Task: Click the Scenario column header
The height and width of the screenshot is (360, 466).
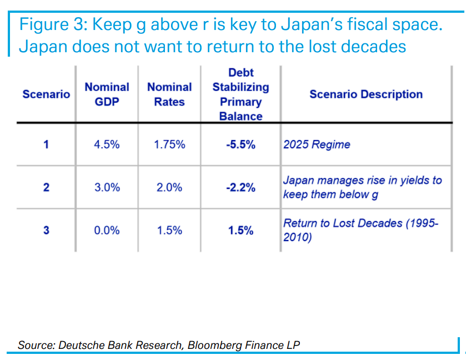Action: click(46, 94)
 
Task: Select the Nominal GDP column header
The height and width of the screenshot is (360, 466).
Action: click(107, 94)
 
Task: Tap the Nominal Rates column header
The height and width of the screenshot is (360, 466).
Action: click(169, 94)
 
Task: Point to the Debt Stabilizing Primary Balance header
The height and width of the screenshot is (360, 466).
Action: click(240, 94)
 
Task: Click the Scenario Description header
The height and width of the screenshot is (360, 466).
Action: click(366, 94)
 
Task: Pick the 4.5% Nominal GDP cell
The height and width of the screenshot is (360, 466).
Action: click(107, 144)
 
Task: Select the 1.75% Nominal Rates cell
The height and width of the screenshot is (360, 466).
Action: click(169, 144)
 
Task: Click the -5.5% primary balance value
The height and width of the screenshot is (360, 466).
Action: click(240, 144)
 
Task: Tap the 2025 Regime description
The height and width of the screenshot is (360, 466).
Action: click(317, 145)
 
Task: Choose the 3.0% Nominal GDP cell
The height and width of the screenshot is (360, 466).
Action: click(107, 187)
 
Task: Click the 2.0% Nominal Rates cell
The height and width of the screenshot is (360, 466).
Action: click(169, 187)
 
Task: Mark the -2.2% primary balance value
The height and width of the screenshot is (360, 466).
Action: click(240, 187)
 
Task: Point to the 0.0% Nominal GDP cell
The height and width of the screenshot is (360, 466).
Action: click(107, 230)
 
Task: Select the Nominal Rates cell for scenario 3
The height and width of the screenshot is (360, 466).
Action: click(169, 230)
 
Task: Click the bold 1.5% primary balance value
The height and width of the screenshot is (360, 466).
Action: click(240, 230)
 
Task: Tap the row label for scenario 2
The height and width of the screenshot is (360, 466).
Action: click(46, 187)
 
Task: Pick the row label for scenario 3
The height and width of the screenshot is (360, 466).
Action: click(46, 230)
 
